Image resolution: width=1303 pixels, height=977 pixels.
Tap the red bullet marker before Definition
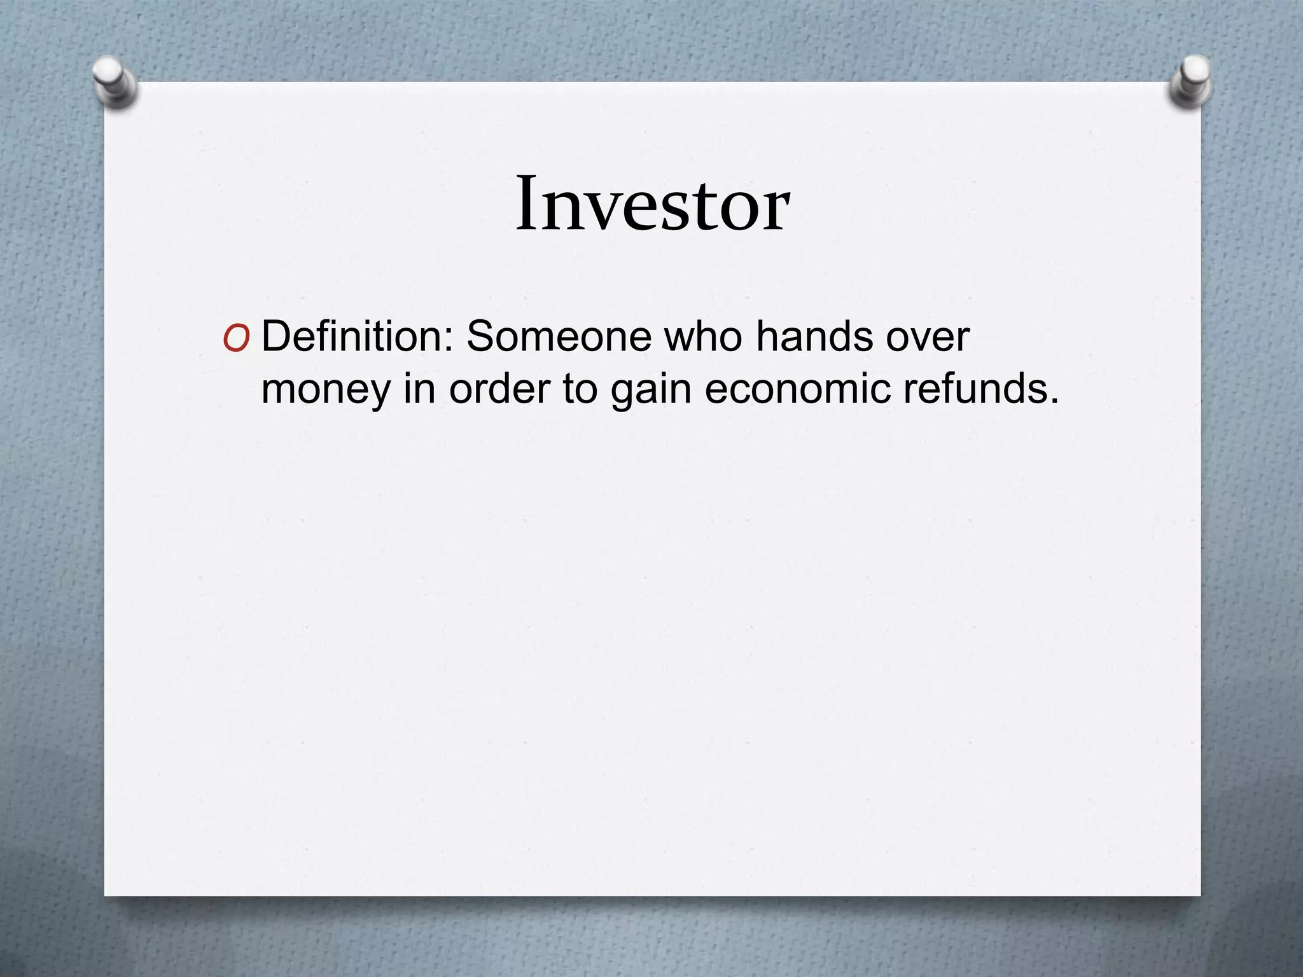coord(236,341)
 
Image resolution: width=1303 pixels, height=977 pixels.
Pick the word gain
coord(650,389)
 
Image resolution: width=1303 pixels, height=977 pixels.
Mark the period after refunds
coord(1054,401)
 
